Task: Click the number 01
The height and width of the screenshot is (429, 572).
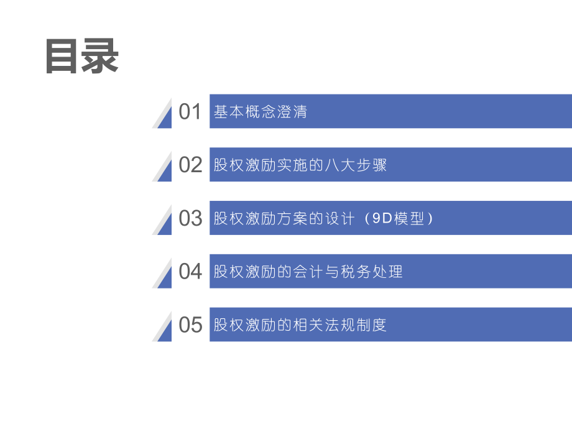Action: tap(190, 112)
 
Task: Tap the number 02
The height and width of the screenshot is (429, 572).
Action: tap(190, 165)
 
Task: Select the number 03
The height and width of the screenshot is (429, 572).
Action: tap(190, 218)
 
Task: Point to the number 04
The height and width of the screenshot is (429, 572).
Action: tap(190, 272)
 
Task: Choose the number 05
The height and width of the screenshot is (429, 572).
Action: tap(190, 325)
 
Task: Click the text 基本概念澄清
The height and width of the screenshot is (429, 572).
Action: tap(261, 112)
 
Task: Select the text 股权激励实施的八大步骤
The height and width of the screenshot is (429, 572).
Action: tap(300, 165)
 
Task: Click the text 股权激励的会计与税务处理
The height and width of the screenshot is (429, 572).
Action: tap(308, 272)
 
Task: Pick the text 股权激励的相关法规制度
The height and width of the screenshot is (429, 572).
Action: tap(300, 325)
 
